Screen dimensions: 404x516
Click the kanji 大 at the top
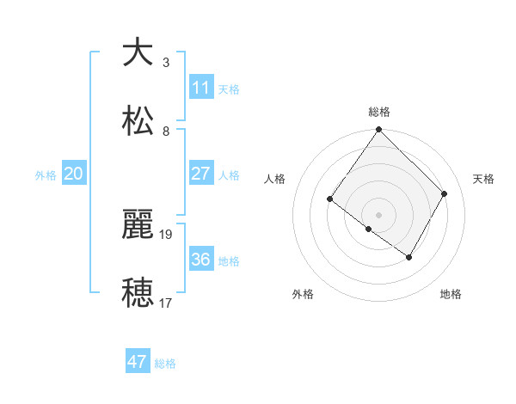pos(138,52)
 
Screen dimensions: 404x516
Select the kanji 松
pos(138,121)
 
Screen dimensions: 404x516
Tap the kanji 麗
pos(138,224)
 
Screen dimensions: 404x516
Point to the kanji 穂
pos(138,293)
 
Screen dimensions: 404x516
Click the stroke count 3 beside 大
pos(166,63)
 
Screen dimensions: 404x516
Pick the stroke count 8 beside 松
pos(166,132)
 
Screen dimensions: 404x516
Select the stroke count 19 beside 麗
pos(167,234)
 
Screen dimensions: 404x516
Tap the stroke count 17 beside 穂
pos(167,303)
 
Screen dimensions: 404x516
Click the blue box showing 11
pos(201,88)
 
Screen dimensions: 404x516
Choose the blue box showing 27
pos(201,174)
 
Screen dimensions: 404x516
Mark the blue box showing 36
pos(201,259)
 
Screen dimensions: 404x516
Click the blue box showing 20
pos(74,174)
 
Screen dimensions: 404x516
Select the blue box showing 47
pos(138,362)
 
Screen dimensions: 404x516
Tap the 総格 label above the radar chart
pos(379,111)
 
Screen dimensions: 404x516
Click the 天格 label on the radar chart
pos(483,179)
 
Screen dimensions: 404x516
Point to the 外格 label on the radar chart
pos(303,294)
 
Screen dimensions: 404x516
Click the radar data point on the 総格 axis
pos(379,130)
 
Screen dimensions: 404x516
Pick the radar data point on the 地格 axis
pos(409,257)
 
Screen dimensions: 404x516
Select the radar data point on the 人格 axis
pos(329,199)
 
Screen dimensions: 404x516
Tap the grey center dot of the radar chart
pos(379,214)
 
